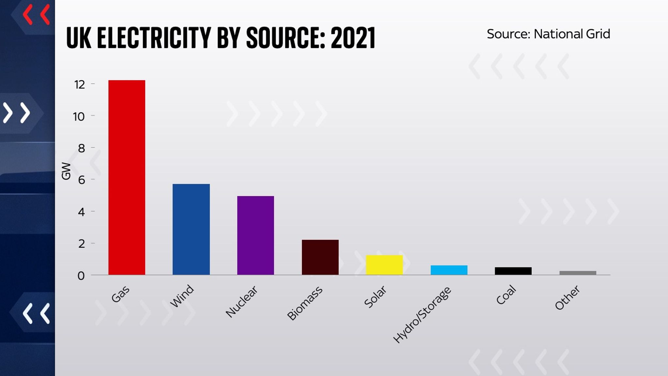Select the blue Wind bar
click(191, 229)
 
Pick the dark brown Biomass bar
click(320, 257)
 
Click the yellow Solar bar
click(384, 265)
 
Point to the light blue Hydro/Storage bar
click(449, 270)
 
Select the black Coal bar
click(513, 271)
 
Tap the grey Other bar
click(578, 273)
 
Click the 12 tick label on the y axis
click(80, 85)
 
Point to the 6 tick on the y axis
click(81, 180)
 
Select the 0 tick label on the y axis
click(81, 276)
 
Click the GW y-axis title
click(66, 171)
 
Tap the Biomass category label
click(305, 303)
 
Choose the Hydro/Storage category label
click(422, 315)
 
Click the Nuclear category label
click(241, 302)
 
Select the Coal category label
click(506, 295)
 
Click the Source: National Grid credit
click(548, 34)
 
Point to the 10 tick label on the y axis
click(79, 117)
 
